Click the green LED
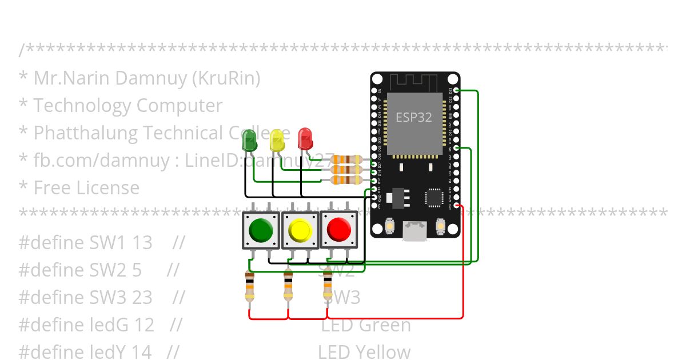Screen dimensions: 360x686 tap(250, 141)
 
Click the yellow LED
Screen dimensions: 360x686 tap(277, 140)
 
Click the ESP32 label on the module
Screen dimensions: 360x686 tap(414, 117)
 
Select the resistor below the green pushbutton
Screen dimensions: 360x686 tap(249, 286)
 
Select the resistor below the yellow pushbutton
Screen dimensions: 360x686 tap(288, 286)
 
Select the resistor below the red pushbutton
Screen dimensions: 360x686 tap(328, 286)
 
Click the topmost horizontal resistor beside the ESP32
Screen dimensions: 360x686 tap(347, 159)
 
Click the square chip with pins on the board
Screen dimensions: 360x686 tap(434, 198)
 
